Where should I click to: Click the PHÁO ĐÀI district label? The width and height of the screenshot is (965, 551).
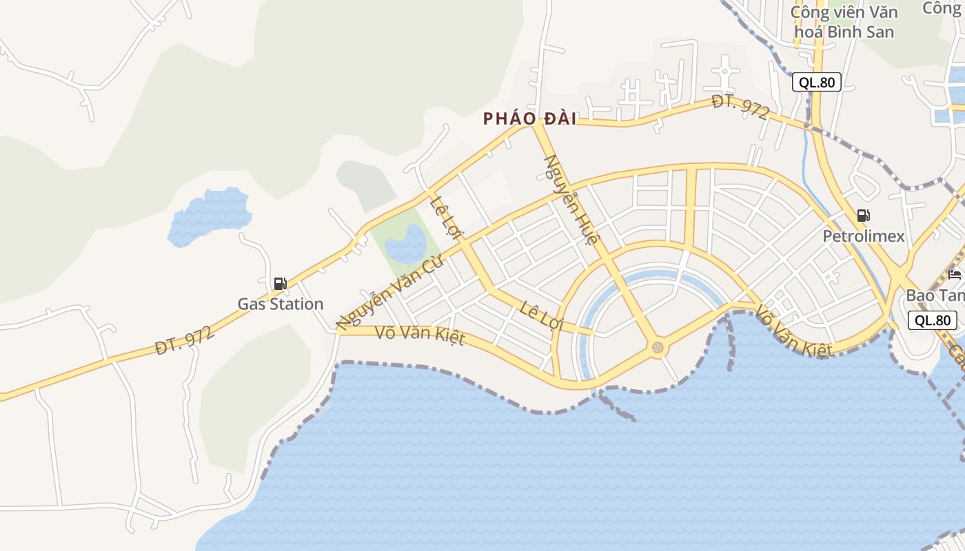(x=529, y=118)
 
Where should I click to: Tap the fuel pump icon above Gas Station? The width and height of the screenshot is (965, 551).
(x=280, y=284)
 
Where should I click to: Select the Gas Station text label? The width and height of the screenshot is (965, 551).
(x=280, y=304)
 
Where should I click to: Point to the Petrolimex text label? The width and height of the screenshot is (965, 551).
(x=864, y=236)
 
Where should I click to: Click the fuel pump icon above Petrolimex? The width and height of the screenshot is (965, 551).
(x=863, y=216)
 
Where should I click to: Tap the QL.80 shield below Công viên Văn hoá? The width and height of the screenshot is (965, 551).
(x=817, y=83)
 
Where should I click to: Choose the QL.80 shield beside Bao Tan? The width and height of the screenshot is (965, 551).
(x=933, y=320)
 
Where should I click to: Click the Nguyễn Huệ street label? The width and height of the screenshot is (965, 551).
(x=570, y=200)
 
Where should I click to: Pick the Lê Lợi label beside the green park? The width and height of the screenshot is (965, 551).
(x=445, y=218)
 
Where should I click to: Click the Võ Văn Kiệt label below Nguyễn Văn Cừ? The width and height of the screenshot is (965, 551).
(x=420, y=336)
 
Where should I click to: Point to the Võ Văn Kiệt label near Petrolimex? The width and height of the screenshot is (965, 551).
(x=793, y=331)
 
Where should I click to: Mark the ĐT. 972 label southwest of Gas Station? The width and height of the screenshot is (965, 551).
(x=184, y=340)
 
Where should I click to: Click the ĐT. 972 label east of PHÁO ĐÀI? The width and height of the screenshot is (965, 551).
(x=740, y=107)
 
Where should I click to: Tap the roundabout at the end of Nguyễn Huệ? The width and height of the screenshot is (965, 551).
(x=658, y=347)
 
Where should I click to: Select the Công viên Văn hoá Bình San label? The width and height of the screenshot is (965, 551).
(x=844, y=22)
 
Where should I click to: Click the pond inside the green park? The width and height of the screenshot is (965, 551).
(x=405, y=242)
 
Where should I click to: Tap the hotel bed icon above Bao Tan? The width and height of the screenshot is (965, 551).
(x=955, y=275)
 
